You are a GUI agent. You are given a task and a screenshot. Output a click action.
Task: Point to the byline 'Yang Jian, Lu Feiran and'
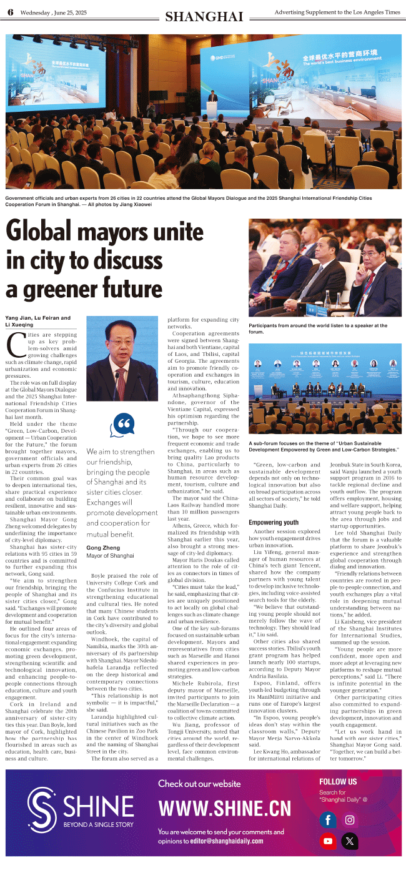tap(38, 318)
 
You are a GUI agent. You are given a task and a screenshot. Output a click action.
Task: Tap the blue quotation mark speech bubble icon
tap(122, 426)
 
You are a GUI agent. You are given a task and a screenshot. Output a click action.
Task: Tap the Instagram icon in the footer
tap(350, 819)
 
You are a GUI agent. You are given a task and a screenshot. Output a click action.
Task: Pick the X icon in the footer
tap(350, 841)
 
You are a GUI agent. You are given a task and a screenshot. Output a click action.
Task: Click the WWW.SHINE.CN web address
tap(224, 809)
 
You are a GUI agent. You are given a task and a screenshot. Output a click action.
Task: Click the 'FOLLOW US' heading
tap(338, 781)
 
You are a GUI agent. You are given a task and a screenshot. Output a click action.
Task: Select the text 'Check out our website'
tap(199, 784)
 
